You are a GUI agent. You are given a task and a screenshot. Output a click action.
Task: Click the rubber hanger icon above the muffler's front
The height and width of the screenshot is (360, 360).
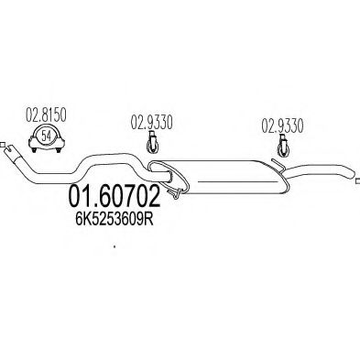click(153, 142)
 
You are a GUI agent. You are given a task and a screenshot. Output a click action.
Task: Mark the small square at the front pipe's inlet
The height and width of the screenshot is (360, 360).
click(4, 145)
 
